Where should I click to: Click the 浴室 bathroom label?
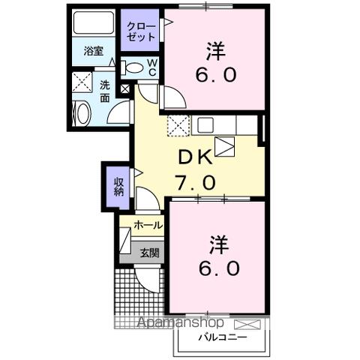(93, 52)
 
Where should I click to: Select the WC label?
(151, 67)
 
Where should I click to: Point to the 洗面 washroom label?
(105, 91)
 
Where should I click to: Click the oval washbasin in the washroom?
(82, 113)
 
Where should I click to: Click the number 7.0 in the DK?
(197, 181)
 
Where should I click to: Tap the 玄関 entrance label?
(148, 253)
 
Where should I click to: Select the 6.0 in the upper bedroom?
(217, 75)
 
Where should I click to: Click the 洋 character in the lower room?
(218, 244)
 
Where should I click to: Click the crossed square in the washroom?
(80, 82)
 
